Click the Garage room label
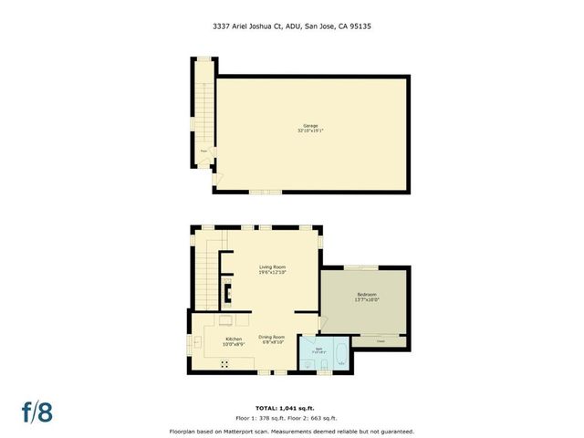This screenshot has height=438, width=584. [310, 125]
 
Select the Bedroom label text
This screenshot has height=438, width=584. [366, 294]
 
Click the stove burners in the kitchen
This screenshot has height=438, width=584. [224, 363]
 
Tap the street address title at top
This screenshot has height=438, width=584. [291, 26]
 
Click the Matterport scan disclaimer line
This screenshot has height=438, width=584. [291, 431]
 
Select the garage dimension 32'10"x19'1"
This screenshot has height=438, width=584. [310, 130]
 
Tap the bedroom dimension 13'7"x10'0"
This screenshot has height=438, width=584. [366, 299]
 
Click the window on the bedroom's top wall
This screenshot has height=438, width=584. [354, 266]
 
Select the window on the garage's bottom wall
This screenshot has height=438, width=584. [266, 192]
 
